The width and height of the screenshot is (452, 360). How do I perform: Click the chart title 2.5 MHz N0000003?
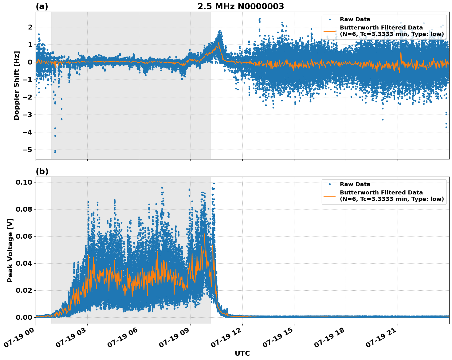[241, 6]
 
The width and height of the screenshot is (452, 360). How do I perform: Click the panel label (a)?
[42, 6]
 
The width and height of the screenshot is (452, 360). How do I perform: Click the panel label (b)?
[42, 171]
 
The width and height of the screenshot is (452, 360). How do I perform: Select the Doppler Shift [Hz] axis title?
[17, 85]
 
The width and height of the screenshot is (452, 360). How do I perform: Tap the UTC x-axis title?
[242, 353]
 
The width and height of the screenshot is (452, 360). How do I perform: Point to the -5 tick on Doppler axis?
[28, 150]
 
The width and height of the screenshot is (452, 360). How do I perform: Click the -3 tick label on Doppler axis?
[28, 115]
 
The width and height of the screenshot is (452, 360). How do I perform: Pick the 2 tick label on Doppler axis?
[30, 27]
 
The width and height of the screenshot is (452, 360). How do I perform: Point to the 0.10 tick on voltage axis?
[24, 182]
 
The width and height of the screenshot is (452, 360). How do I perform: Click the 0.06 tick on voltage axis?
[24, 236]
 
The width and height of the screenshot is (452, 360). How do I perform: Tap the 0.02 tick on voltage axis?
[24, 290]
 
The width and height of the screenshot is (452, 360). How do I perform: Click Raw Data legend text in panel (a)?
[355, 19]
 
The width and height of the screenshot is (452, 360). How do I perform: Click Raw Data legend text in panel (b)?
[355, 184]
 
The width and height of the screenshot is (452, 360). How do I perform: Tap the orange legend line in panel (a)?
[330, 31]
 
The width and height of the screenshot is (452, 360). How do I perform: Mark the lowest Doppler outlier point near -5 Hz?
[55, 152]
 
